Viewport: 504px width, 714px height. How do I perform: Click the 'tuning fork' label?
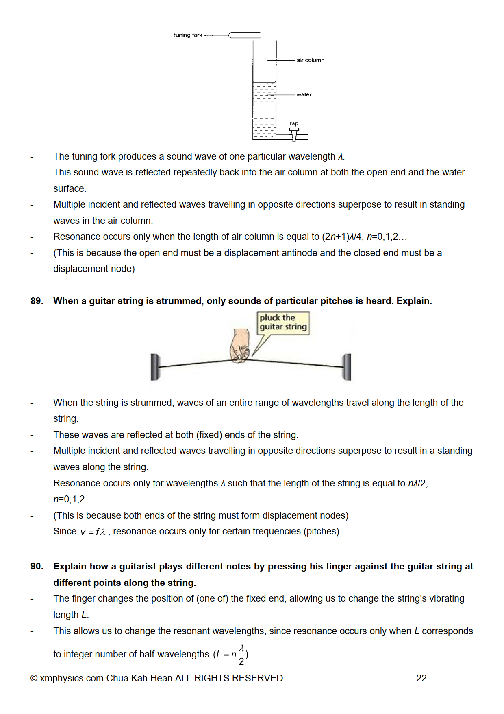[x=188, y=35]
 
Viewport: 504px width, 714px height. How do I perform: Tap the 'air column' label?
[x=311, y=60]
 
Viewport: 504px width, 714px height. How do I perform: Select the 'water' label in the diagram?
[x=304, y=95]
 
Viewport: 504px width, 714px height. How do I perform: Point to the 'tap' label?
[x=294, y=123]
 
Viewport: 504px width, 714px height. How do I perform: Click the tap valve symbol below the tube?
[x=294, y=134]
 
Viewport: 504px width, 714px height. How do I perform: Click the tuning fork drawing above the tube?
[x=244, y=35]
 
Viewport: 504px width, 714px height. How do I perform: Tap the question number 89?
[x=37, y=301]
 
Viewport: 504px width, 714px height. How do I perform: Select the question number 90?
[x=37, y=567]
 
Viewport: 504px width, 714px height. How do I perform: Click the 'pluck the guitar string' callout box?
[x=283, y=323]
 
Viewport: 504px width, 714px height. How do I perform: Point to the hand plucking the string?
[x=239, y=346]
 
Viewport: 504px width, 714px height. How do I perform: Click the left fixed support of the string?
[x=155, y=367]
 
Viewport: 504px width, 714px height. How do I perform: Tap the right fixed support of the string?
[x=347, y=367]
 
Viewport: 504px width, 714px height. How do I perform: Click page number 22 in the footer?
[x=421, y=679]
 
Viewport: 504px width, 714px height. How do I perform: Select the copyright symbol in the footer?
[x=34, y=679]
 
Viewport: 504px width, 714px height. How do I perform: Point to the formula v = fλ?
[x=93, y=532]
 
